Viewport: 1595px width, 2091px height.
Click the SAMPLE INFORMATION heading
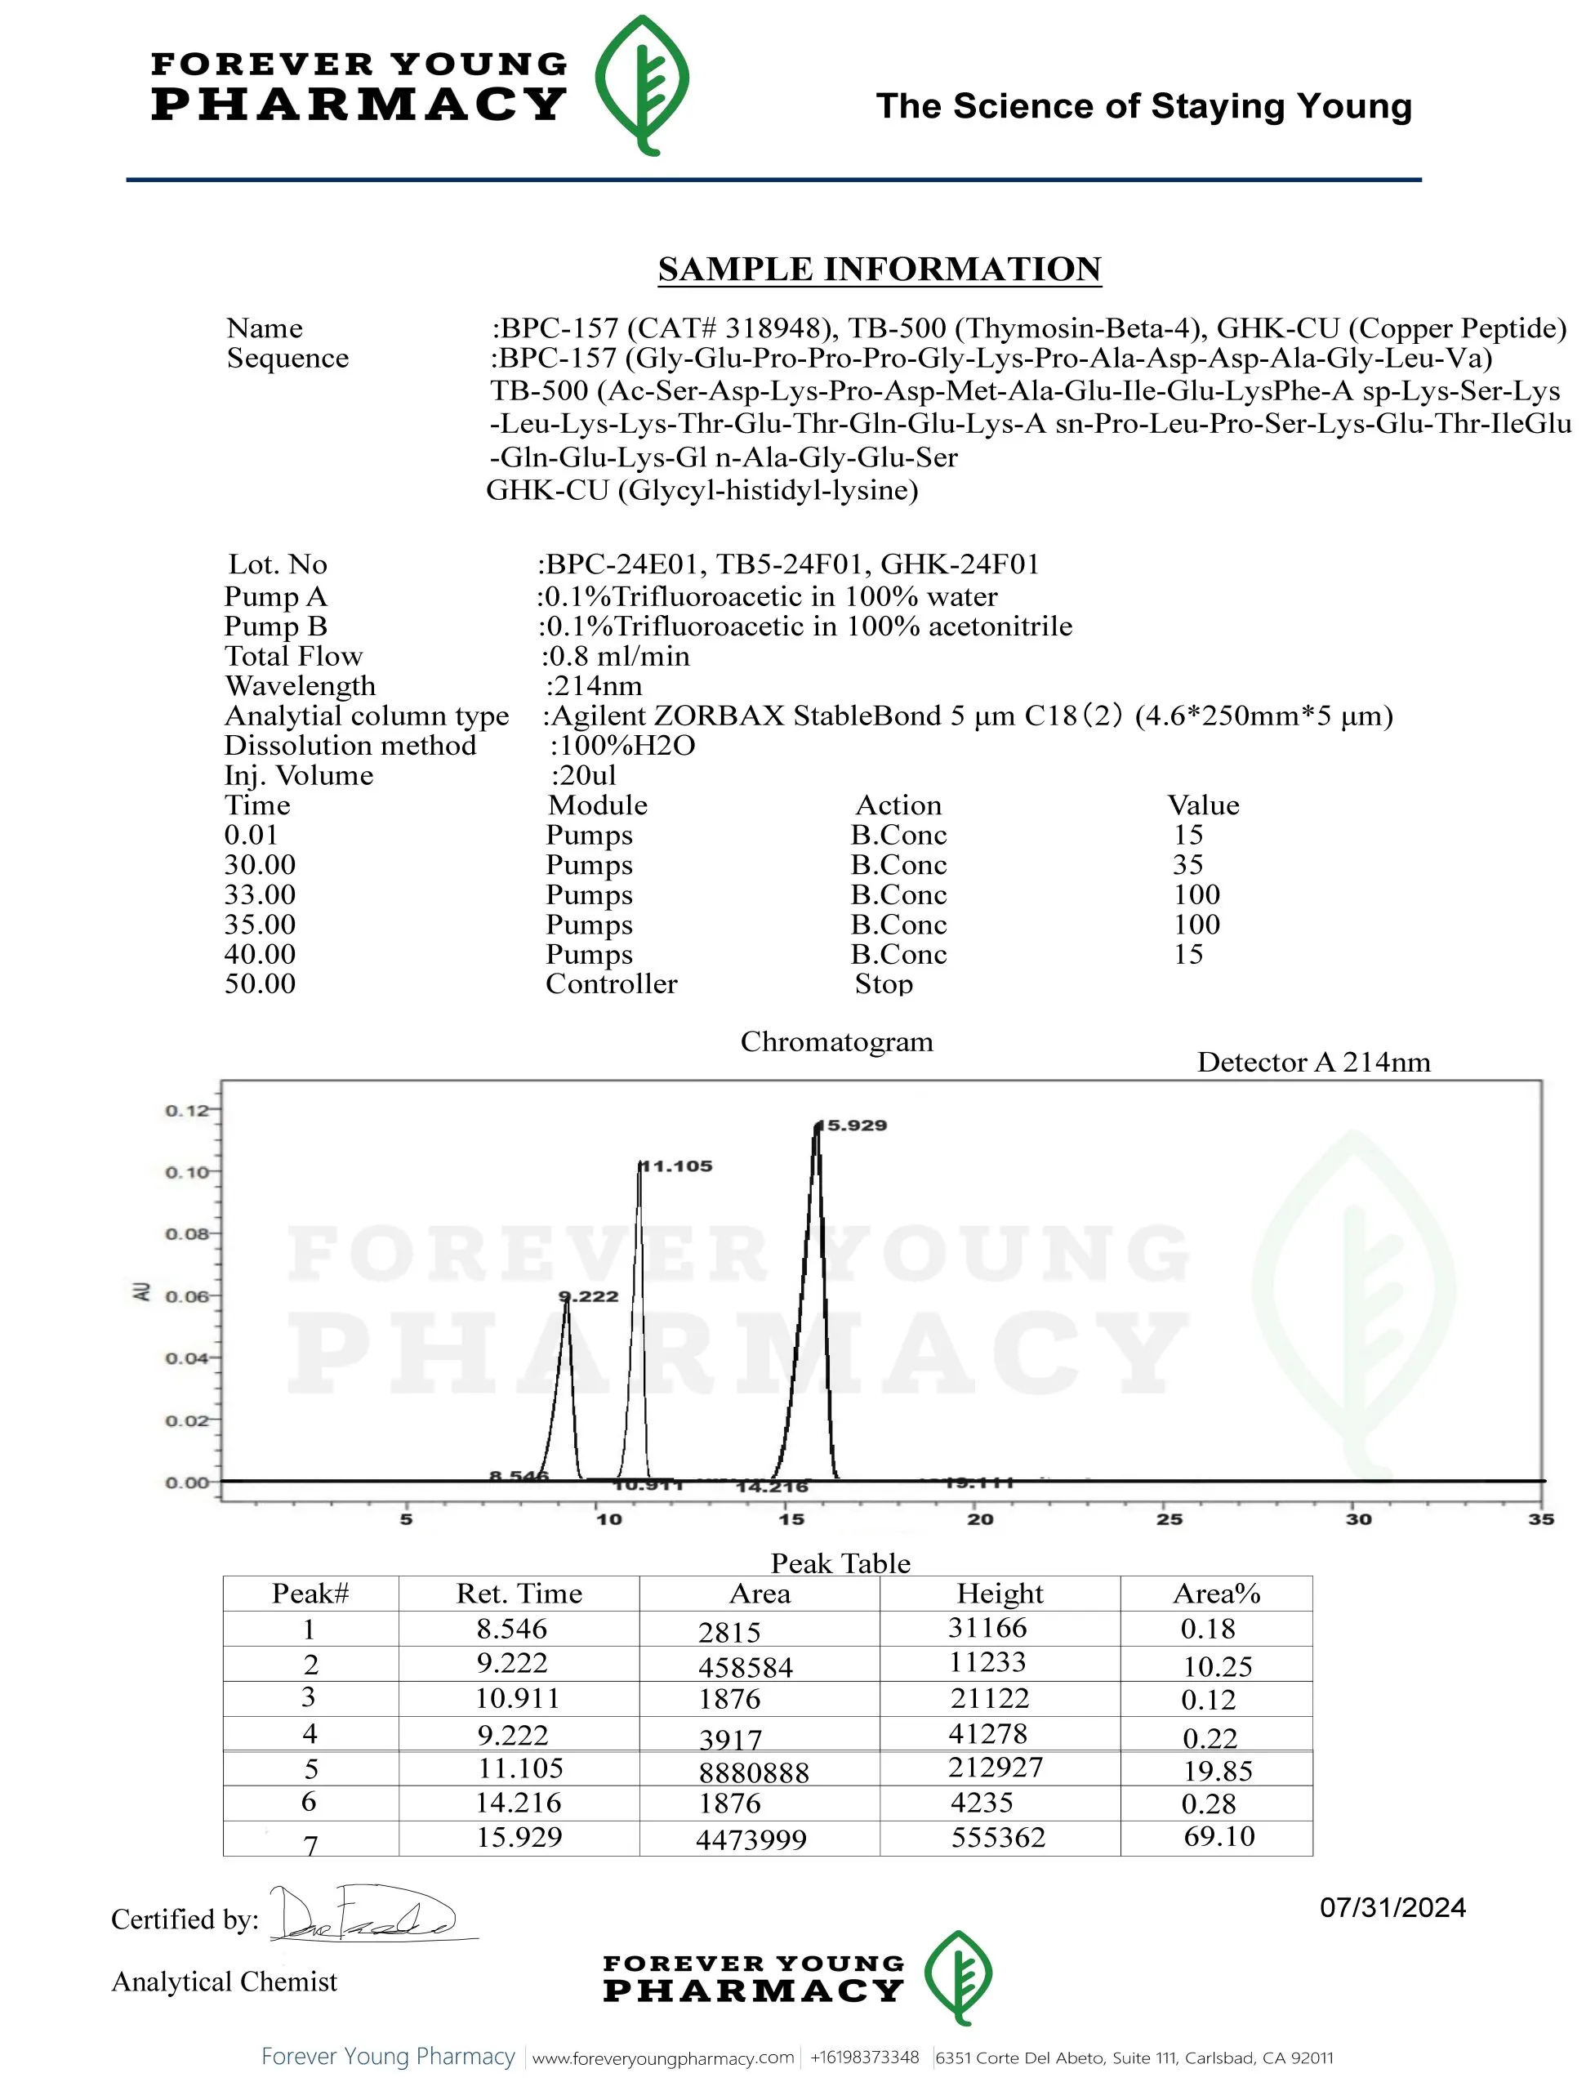coord(879,269)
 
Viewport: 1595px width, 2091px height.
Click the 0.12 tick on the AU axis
coord(186,1111)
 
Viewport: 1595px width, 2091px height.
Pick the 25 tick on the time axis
coord(1169,1519)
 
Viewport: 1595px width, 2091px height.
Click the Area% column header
coord(1216,1594)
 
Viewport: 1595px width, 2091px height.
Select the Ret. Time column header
coord(519,1594)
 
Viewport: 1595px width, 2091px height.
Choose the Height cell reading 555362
coord(998,1838)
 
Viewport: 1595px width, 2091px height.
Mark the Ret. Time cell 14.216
coord(519,1803)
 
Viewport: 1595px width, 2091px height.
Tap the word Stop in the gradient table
coord(883,985)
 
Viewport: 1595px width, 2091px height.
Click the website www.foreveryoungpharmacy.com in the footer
coord(662,2058)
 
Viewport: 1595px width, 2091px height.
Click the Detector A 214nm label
coord(1313,1063)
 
